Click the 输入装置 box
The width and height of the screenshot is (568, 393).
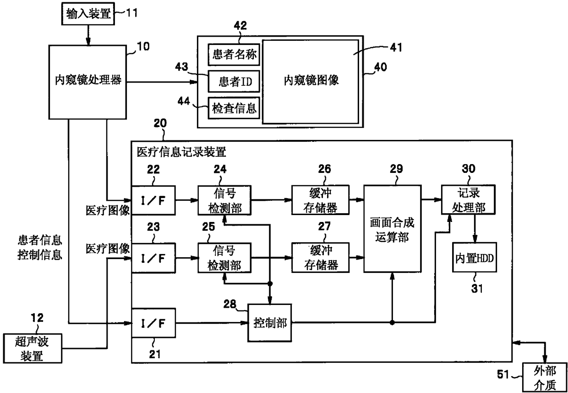88,14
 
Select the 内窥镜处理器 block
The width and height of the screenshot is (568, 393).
87,82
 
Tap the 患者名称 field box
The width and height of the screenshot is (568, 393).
234,55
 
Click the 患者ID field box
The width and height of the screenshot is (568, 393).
234,81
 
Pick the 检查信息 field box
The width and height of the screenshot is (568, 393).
234,108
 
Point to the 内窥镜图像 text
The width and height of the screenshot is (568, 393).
311,80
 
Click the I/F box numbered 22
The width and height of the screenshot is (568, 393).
153,200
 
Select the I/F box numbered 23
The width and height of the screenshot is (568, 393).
153,258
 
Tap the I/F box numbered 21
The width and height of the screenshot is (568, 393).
153,323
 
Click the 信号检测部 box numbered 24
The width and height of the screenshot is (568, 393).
224,200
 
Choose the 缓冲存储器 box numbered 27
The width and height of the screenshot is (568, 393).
320,258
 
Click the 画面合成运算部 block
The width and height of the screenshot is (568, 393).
392,229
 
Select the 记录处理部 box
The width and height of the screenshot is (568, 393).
468,200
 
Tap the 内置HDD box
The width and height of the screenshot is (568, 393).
475,257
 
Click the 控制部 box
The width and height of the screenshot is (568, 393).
269,323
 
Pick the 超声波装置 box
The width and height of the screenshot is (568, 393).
33,349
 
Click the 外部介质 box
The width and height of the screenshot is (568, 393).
545,377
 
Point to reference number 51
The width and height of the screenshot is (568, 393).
503,375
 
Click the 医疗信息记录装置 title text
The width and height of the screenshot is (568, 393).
181,152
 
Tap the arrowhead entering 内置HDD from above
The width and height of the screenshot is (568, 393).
475,239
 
